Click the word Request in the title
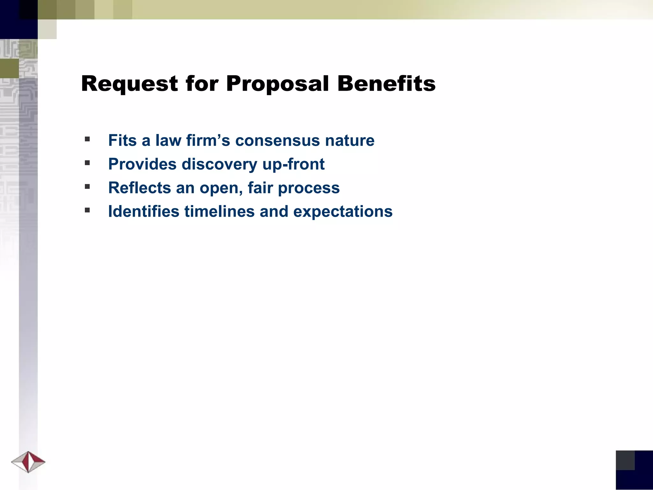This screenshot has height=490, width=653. (x=129, y=84)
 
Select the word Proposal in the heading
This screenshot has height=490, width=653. (x=277, y=84)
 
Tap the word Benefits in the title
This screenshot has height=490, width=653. (x=386, y=84)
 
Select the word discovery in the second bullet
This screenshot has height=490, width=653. (x=220, y=164)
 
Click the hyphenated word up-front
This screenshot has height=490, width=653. (x=293, y=164)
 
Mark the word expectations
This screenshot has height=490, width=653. (x=343, y=212)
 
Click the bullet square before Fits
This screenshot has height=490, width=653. (x=87, y=139)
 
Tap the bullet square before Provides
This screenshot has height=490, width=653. (x=87, y=163)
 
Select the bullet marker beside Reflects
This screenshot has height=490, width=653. (x=87, y=187)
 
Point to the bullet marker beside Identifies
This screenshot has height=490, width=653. (x=87, y=210)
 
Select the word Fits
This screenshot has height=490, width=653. (x=122, y=141)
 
